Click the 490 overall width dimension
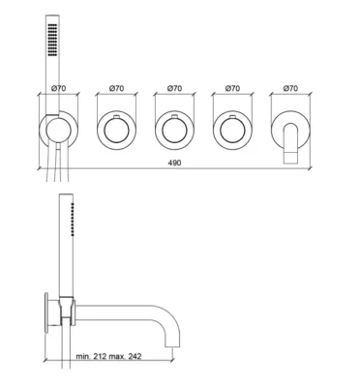174,163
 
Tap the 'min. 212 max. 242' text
108,356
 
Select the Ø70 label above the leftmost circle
58,88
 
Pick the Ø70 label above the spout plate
290,88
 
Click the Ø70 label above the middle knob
174,88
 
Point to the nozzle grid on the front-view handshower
52,40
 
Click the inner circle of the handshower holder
58,131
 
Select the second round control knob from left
116,131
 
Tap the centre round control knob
174,131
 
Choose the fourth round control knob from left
232,131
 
